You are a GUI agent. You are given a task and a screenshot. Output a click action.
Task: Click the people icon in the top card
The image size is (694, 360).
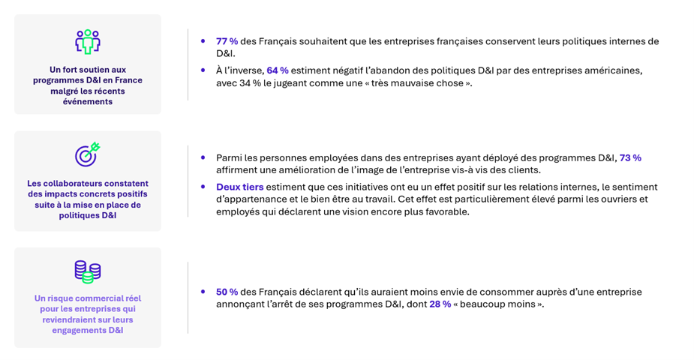[x=88, y=41]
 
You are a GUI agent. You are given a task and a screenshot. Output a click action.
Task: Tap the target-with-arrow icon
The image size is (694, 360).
[x=87, y=154]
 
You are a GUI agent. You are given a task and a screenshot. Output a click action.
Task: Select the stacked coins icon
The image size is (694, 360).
[x=88, y=271]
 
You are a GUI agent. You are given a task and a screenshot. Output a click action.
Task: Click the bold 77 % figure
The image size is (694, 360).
[x=227, y=41]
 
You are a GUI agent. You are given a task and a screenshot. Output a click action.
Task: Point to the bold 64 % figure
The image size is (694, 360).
[x=278, y=70]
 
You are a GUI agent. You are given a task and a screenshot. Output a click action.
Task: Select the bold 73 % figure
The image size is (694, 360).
[x=630, y=157]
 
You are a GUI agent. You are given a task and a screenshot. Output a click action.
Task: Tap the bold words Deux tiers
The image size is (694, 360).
[x=240, y=187]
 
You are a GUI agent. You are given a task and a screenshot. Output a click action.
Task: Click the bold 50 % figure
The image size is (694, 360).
[x=227, y=292]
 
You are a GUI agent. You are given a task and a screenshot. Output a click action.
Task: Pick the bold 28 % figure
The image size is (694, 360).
[x=440, y=304]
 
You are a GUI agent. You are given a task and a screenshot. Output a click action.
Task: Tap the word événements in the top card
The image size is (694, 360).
[x=88, y=101]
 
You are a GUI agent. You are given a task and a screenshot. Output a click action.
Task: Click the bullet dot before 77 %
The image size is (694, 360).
[x=203, y=41]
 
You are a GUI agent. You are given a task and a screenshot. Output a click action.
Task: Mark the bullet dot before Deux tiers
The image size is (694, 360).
[x=203, y=187]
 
